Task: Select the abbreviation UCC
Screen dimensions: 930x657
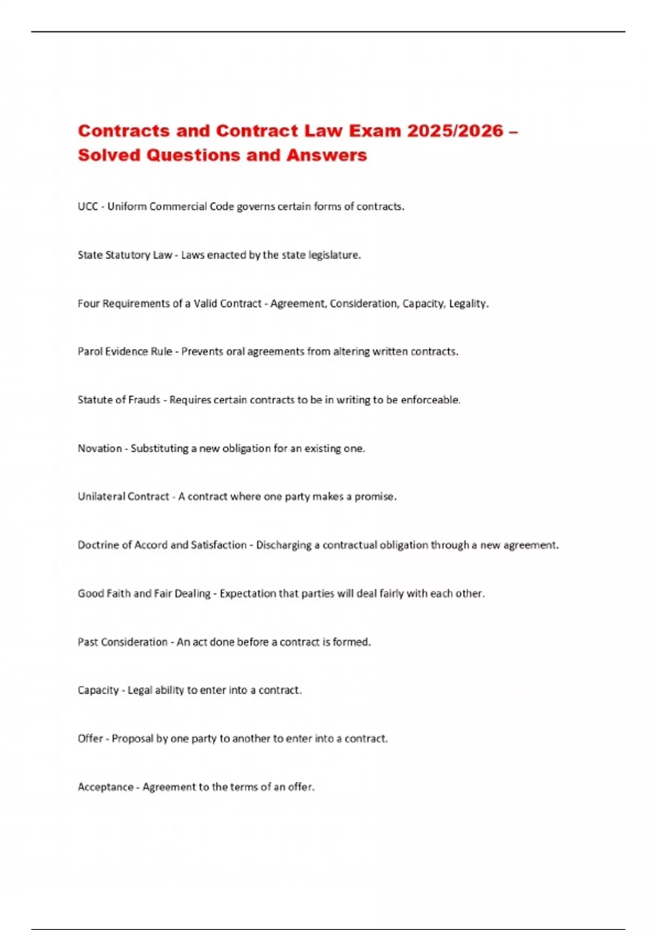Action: point(88,207)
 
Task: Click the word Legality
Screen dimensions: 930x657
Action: point(469,304)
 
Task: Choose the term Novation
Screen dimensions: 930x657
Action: point(100,449)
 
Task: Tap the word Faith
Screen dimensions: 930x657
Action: point(118,594)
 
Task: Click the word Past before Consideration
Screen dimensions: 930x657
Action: point(87,642)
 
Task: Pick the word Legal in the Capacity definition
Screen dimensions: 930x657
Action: point(140,690)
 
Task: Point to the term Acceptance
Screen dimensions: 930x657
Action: point(106,787)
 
